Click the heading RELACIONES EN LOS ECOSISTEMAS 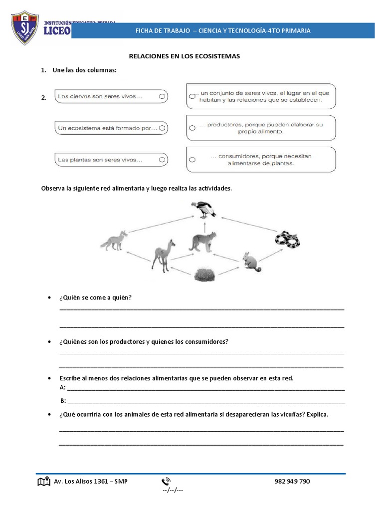coord(185,56)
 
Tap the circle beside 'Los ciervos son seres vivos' coord(162,96)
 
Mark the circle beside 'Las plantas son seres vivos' coord(162,160)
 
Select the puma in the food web coord(202,241)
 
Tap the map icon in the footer coord(44,482)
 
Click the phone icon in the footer coord(166,482)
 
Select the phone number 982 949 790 coord(292,482)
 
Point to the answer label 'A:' coord(62,387)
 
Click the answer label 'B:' coord(63,401)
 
